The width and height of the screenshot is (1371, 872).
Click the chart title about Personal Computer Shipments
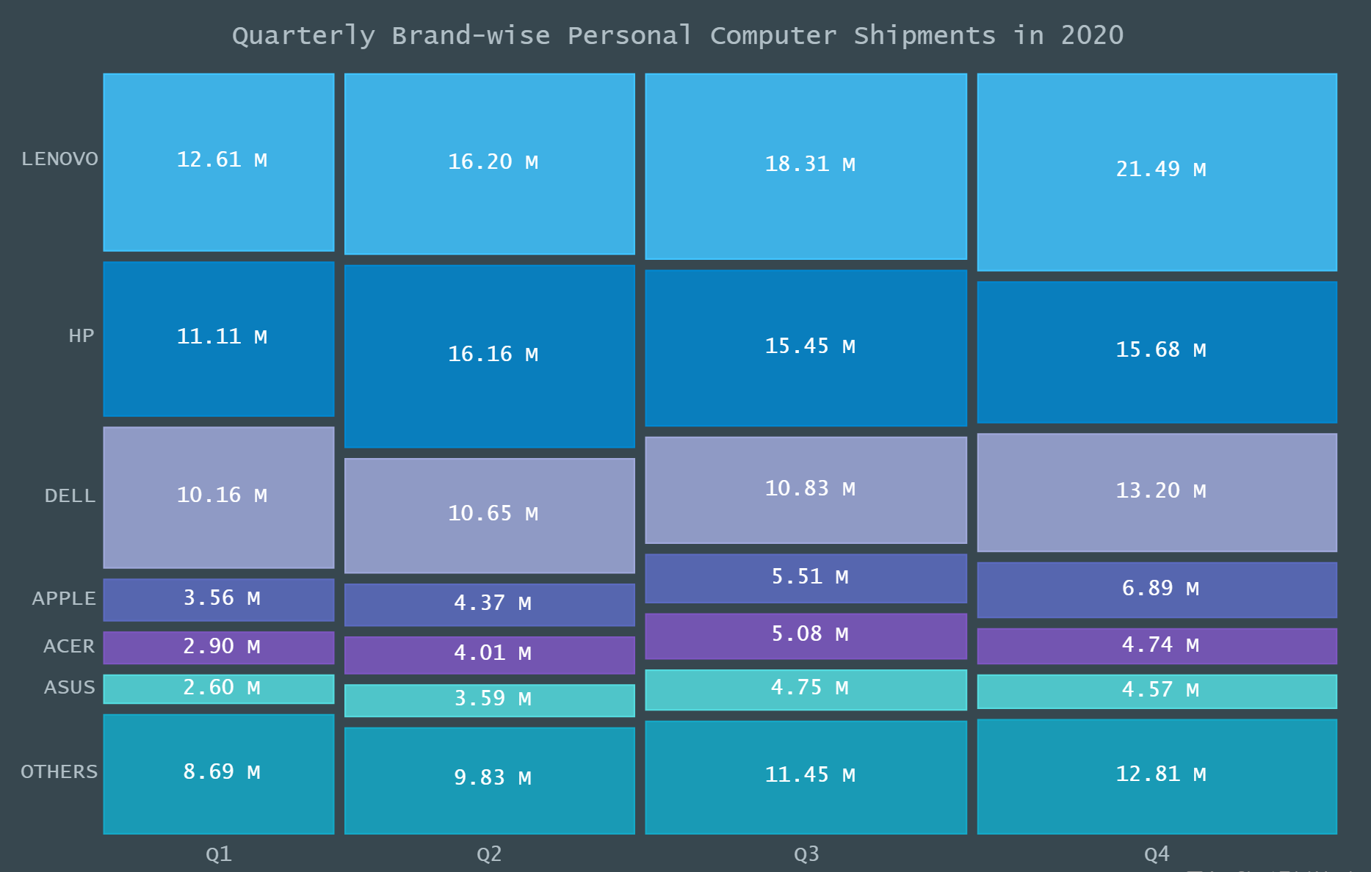(x=677, y=35)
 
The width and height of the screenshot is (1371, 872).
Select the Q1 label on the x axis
(x=218, y=854)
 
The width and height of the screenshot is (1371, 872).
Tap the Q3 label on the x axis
(x=806, y=854)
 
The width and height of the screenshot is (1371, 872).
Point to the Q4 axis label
(x=1157, y=854)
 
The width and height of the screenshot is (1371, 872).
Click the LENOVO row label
(x=59, y=159)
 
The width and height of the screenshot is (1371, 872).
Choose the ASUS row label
(x=69, y=688)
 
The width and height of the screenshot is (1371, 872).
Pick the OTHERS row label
(x=59, y=772)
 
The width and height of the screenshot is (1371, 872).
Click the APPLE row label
(x=64, y=599)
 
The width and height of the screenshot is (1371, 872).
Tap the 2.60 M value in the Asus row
(x=221, y=688)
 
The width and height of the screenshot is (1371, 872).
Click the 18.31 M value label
(x=810, y=164)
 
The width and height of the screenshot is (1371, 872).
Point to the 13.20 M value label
(x=1161, y=491)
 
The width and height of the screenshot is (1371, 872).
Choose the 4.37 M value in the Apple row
(x=492, y=603)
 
